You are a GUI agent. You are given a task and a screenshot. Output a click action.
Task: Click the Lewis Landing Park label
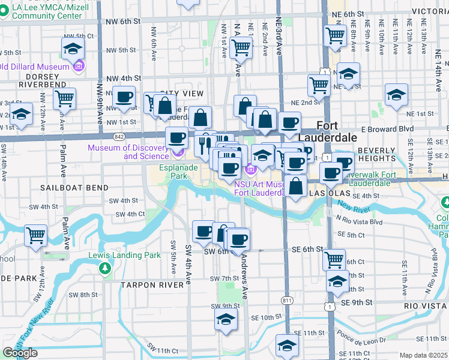[x=125, y=255]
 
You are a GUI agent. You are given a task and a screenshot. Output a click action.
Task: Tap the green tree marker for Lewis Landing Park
[x=105, y=267]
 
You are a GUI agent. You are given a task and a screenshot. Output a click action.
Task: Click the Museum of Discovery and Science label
[x=127, y=152]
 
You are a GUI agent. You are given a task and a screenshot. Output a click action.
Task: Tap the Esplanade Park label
[x=178, y=172]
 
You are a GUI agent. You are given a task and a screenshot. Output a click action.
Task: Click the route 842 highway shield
[x=119, y=137]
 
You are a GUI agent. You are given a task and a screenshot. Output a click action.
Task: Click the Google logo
[x=20, y=353]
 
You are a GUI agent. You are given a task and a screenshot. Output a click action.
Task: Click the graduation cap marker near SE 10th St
[x=226, y=320]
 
